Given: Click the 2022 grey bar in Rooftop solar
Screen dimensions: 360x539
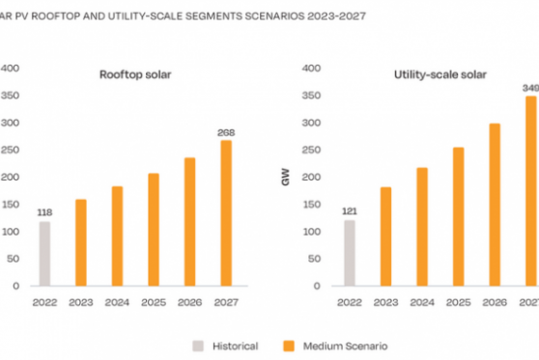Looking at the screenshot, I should coord(44,254).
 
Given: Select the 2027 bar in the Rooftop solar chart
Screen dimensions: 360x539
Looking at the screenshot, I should coord(225,213).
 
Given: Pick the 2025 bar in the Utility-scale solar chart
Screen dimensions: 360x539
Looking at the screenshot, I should coord(458,217).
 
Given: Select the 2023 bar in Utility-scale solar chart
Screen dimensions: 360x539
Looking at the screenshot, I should coord(385,236).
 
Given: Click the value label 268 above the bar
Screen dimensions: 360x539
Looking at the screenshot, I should coord(225,132).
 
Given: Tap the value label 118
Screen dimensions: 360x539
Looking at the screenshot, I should coord(44,212).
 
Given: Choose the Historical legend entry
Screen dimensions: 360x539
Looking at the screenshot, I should coord(229,345).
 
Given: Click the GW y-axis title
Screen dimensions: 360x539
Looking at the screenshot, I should coord(285,180).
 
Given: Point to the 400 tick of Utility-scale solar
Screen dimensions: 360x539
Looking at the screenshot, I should coord(311,68).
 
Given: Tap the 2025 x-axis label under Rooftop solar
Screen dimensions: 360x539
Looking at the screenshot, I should coord(153,302).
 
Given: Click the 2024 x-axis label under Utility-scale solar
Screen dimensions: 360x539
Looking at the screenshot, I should coord(421,302).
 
